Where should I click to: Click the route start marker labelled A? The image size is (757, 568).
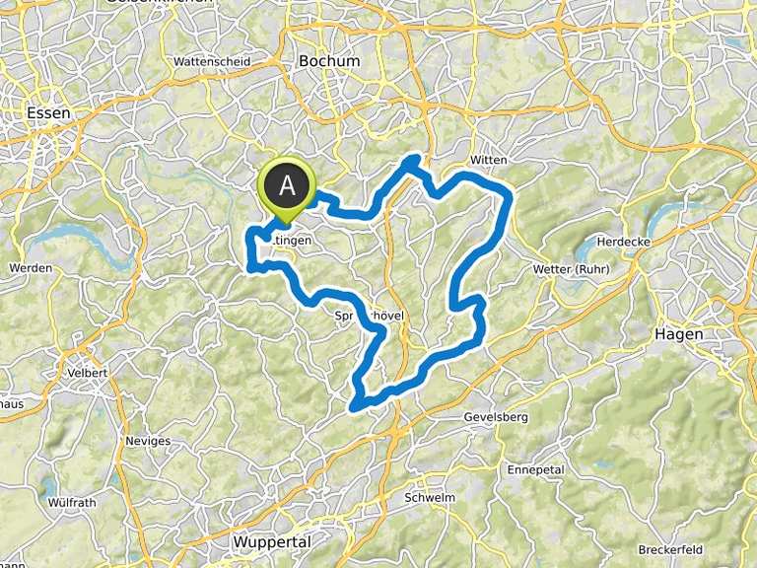[287, 184]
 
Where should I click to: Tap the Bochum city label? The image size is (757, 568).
[329, 61]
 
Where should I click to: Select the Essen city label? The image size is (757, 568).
[49, 113]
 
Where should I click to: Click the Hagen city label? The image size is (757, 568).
[679, 334]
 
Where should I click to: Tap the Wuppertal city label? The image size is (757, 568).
[273, 542]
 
